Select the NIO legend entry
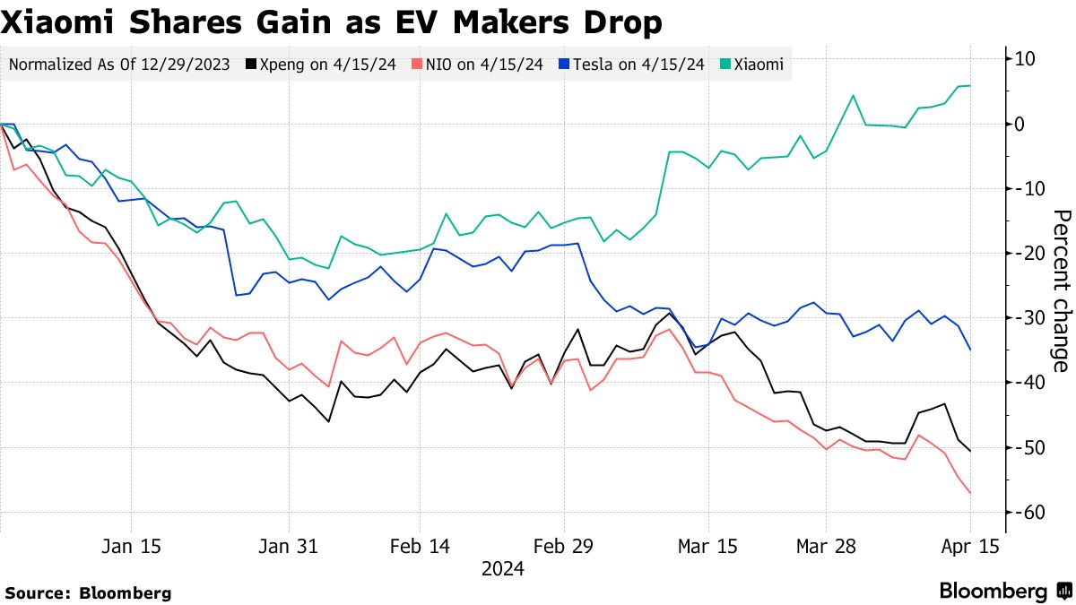477,65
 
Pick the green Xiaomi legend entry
752,65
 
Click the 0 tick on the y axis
1020,124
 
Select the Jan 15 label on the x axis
132,546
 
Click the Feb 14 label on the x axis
420,546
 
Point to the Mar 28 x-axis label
826,546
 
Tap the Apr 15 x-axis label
969,546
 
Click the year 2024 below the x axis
502,568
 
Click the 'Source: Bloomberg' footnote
88,592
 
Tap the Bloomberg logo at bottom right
1005,591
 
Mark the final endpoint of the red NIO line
970,493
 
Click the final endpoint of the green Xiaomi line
970,86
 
